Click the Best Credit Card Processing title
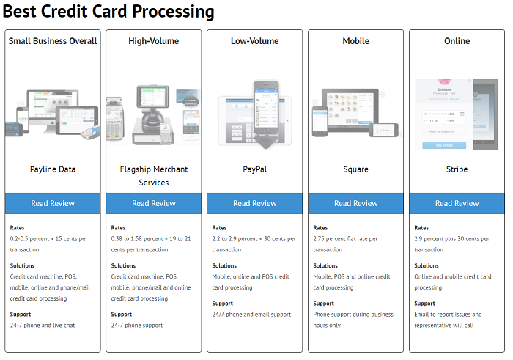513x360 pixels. [x=108, y=12]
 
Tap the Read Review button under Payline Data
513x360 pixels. [x=53, y=203]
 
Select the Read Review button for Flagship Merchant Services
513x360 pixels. [x=154, y=203]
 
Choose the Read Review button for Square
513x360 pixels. [x=356, y=203]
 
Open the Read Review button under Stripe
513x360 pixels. [x=457, y=203]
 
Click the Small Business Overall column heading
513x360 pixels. [x=53, y=41]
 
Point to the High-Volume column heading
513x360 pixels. [x=154, y=41]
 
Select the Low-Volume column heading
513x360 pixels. [x=255, y=41]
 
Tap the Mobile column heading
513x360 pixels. [x=356, y=41]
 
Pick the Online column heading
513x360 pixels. [x=457, y=41]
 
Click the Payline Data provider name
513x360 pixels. [x=53, y=169]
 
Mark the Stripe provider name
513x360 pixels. [x=457, y=169]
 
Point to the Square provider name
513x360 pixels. [x=356, y=169]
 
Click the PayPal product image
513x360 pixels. [x=255, y=114]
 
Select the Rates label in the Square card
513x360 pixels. [x=320, y=228]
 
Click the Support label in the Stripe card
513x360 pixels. [x=424, y=304]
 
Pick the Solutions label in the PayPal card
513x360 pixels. [x=225, y=266]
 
